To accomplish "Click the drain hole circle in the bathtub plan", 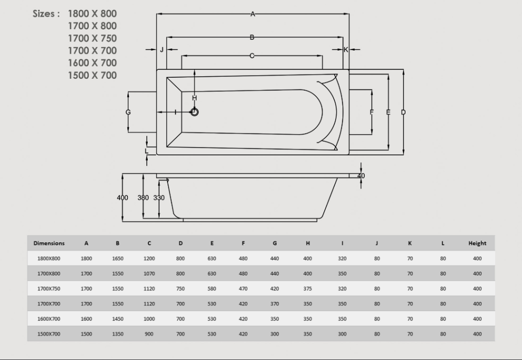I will coord(195,112).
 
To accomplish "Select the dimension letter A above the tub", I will coord(253,15).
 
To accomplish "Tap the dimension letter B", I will coord(252,37).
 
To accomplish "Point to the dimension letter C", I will coord(252,55).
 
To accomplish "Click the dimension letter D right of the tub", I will coord(404,112).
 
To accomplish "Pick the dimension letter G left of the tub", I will coord(128,112).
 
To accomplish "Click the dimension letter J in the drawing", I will coord(162,50).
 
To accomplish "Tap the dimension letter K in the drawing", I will coord(346,50).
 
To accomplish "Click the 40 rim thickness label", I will coord(361,176).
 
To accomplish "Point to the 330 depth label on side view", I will coord(159,198).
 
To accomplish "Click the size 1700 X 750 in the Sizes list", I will coord(92,38).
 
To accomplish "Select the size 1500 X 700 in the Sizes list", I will coord(92,76).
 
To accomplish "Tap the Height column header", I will coord(477,243).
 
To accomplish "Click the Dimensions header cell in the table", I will coord(49,243).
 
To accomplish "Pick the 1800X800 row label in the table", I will coord(49,258).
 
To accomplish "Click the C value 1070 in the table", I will coord(149,273).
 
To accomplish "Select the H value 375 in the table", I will coord(308,289).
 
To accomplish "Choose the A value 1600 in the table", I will coord(87,319).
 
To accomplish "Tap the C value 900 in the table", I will coord(149,334).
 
